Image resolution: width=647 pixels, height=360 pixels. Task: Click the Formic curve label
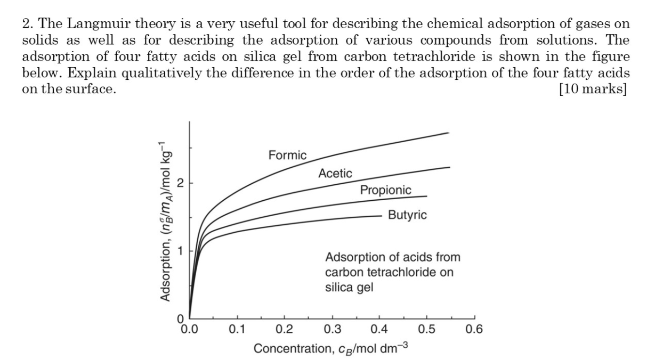pyautogui.click(x=287, y=155)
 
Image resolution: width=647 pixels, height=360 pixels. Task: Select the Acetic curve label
pyautogui.click(x=335, y=173)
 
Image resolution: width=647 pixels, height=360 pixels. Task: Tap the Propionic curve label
pyautogui.click(x=385, y=190)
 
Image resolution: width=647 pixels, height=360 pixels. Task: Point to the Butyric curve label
pyautogui.click(x=407, y=215)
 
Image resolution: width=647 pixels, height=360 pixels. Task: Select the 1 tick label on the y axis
pyautogui.click(x=180, y=251)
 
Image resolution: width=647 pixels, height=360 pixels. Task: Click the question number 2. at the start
pyautogui.click(x=27, y=24)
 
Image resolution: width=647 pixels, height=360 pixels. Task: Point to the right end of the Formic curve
pyautogui.click(x=448, y=133)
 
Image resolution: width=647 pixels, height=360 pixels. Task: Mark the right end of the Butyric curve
pyautogui.click(x=381, y=216)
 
